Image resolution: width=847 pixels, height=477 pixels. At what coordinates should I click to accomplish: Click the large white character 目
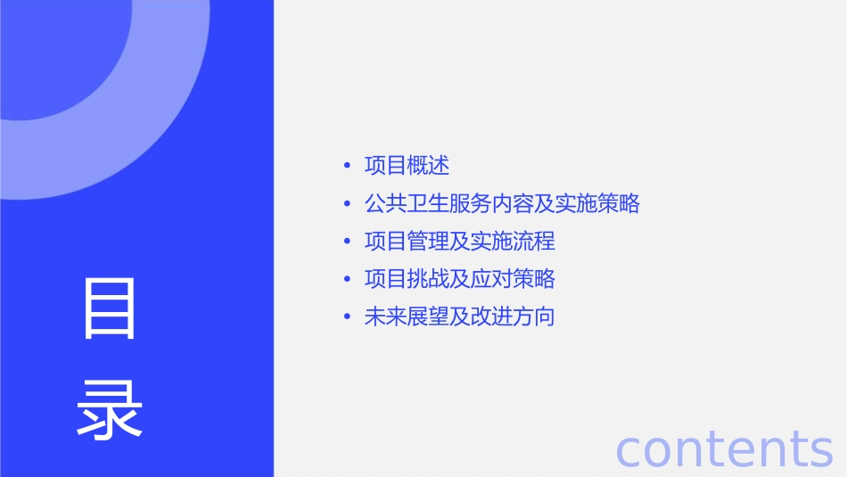[x=110, y=308]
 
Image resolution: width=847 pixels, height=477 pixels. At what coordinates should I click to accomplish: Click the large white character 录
[x=110, y=410]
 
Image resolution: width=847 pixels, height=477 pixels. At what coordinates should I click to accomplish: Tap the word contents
[x=724, y=448]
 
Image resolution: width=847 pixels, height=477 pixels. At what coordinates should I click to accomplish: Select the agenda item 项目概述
[x=407, y=166]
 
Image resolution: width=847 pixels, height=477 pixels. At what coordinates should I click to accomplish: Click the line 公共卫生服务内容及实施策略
[x=502, y=203]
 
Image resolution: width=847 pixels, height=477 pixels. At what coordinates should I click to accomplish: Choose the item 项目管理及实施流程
[x=459, y=242]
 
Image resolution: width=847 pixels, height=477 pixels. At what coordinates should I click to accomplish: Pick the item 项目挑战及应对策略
[x=459, y=279]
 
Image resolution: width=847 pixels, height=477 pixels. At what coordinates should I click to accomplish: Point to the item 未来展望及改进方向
[x=459, y=317]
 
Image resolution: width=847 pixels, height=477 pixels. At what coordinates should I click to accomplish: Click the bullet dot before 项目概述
[x=347, y=166]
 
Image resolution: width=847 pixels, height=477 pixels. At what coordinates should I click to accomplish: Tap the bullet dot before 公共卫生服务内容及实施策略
[x=347, y=204]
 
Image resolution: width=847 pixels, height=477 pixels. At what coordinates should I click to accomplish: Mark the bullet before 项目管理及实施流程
[x=347, y=242]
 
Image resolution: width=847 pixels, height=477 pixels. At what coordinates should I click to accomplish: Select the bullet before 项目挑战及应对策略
[x=347, y=280]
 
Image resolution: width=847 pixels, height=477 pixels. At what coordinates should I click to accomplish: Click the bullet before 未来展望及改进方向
[x=347, y=317]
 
